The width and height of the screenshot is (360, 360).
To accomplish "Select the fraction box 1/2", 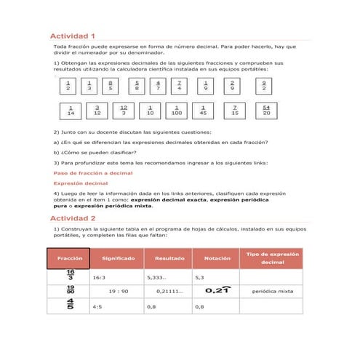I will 68,86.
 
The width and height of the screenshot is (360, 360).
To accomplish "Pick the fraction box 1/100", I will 177,111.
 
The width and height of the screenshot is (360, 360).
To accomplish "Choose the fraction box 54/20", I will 266,111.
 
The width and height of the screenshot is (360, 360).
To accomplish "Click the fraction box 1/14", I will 70,111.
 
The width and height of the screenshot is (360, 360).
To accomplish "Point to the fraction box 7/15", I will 234,111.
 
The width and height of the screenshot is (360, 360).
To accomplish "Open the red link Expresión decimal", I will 81,183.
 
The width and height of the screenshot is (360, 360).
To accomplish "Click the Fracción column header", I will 69,258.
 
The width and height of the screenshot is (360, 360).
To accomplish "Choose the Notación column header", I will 217,258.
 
